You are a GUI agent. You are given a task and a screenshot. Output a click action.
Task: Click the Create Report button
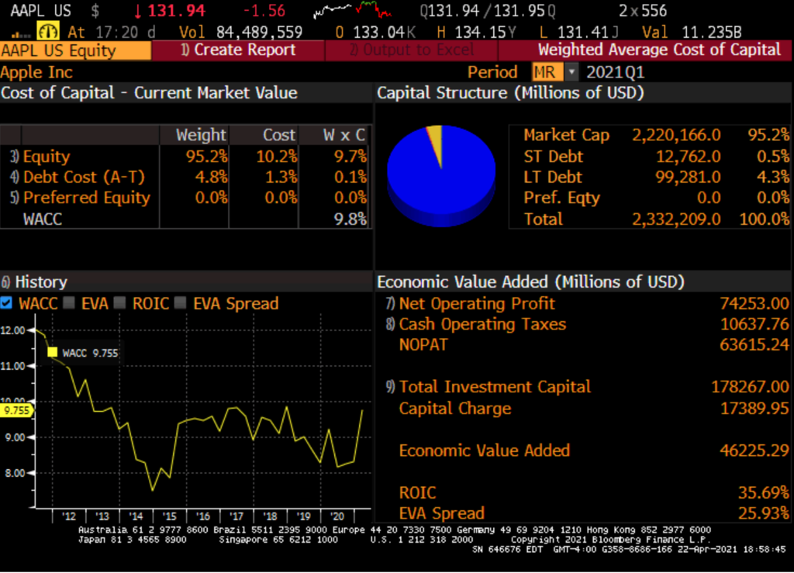238,50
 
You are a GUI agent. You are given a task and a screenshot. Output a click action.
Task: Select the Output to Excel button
411,50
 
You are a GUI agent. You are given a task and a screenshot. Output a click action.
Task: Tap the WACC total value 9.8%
350,219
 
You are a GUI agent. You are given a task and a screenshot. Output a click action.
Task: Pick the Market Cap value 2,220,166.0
676,135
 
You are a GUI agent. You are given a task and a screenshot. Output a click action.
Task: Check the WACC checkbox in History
7,303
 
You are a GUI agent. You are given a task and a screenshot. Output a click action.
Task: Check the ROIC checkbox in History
120,303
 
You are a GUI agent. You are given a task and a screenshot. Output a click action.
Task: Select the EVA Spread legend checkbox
181,303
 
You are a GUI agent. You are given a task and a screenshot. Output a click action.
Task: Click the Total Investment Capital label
495,387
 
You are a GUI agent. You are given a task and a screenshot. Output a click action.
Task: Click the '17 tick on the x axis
236,516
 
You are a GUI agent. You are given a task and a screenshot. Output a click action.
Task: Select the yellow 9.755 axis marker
16,411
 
